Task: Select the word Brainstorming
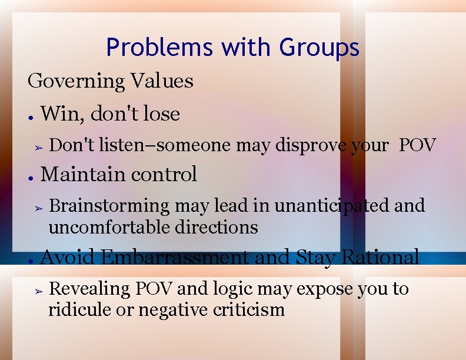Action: [x=108, y=206]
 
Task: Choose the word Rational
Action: [x=380, y=258]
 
